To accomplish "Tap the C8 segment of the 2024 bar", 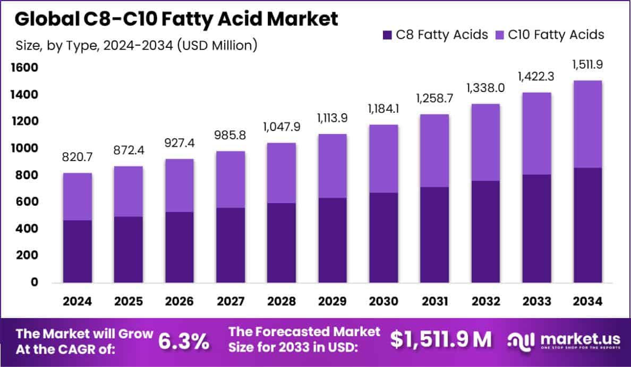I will (x=77, y=251).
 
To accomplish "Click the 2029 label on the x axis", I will (x=332, y=302).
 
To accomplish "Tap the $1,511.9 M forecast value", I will (x=441, y=340).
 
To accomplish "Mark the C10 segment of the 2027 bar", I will (x=230, y=179).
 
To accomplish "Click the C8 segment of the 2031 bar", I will (x=434, y=235).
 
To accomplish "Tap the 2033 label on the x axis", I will (x=535, y=302).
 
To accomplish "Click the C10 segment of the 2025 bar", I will (x=128, y=191).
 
